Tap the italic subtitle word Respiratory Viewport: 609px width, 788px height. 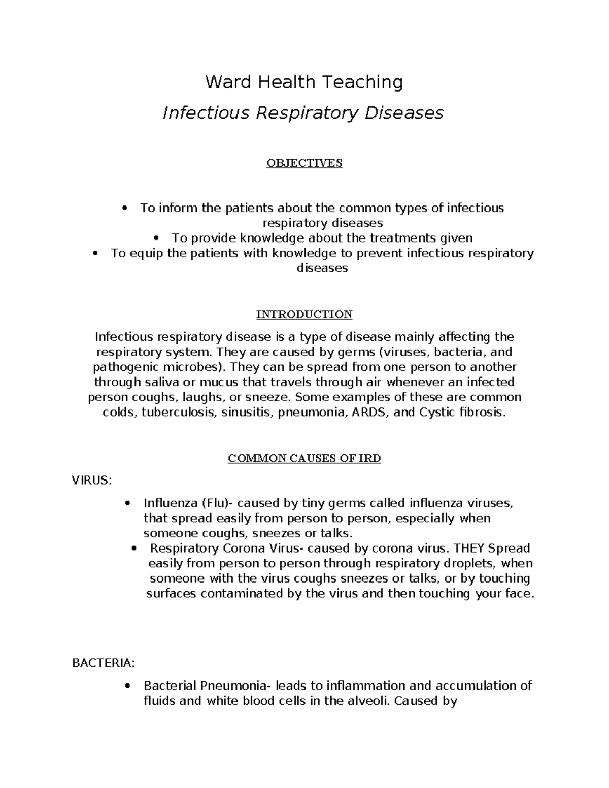[307, 113]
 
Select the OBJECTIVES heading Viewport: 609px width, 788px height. [304, 163]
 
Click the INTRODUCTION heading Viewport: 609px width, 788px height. [304, 314]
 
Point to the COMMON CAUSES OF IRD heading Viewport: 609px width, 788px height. [304, 459]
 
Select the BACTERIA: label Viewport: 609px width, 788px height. [104, 663]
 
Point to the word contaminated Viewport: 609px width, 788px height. [243, 594]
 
